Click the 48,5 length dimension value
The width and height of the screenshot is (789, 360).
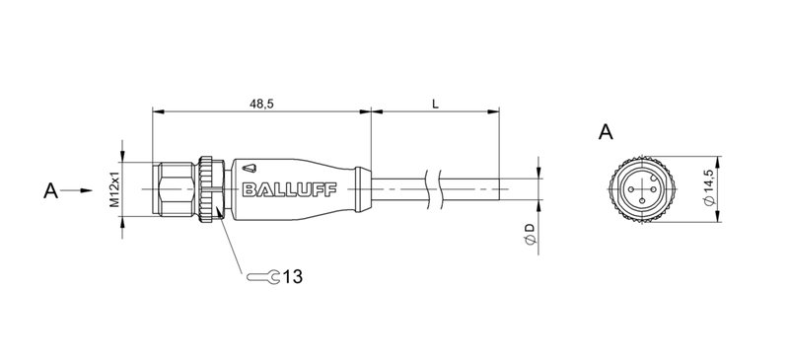pyautogui.click(x=261, y=102)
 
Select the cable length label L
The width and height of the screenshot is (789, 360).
pyautogui.click(x=435, y=102)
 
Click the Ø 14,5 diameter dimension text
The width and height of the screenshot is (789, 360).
pyautogui.click(x=709, y=186)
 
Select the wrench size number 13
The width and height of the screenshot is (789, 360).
pyautogui.click(x=293, y=277)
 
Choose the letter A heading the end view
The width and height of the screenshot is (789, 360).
pyautogui.click(x=607, y=132)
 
